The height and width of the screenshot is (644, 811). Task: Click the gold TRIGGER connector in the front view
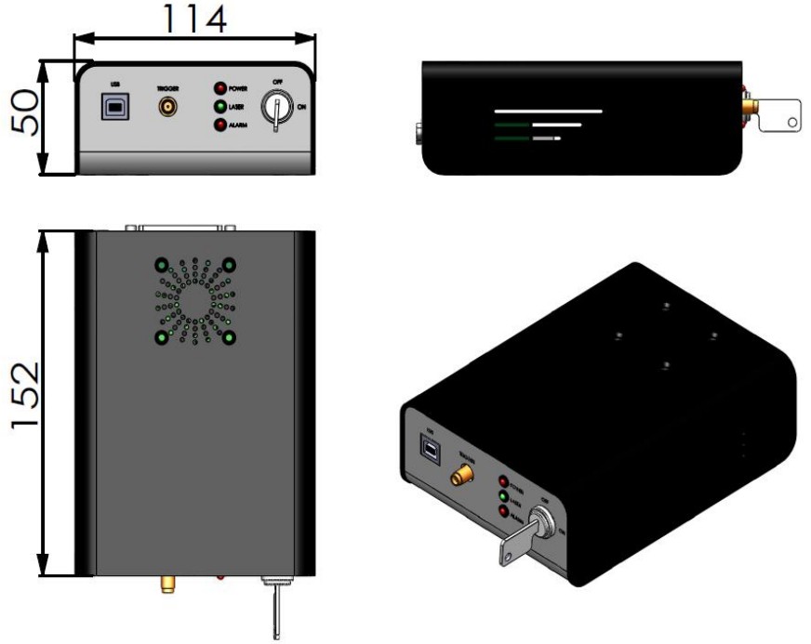167,108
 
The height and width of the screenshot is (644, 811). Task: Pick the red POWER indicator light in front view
220,89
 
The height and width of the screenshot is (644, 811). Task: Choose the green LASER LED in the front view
220,107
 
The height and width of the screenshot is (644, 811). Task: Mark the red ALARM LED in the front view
220,125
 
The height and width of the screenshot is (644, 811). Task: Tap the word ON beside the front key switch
299,108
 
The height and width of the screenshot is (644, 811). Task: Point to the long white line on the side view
549,111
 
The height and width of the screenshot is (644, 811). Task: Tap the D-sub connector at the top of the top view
182,226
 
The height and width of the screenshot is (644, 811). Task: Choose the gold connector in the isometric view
459,477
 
